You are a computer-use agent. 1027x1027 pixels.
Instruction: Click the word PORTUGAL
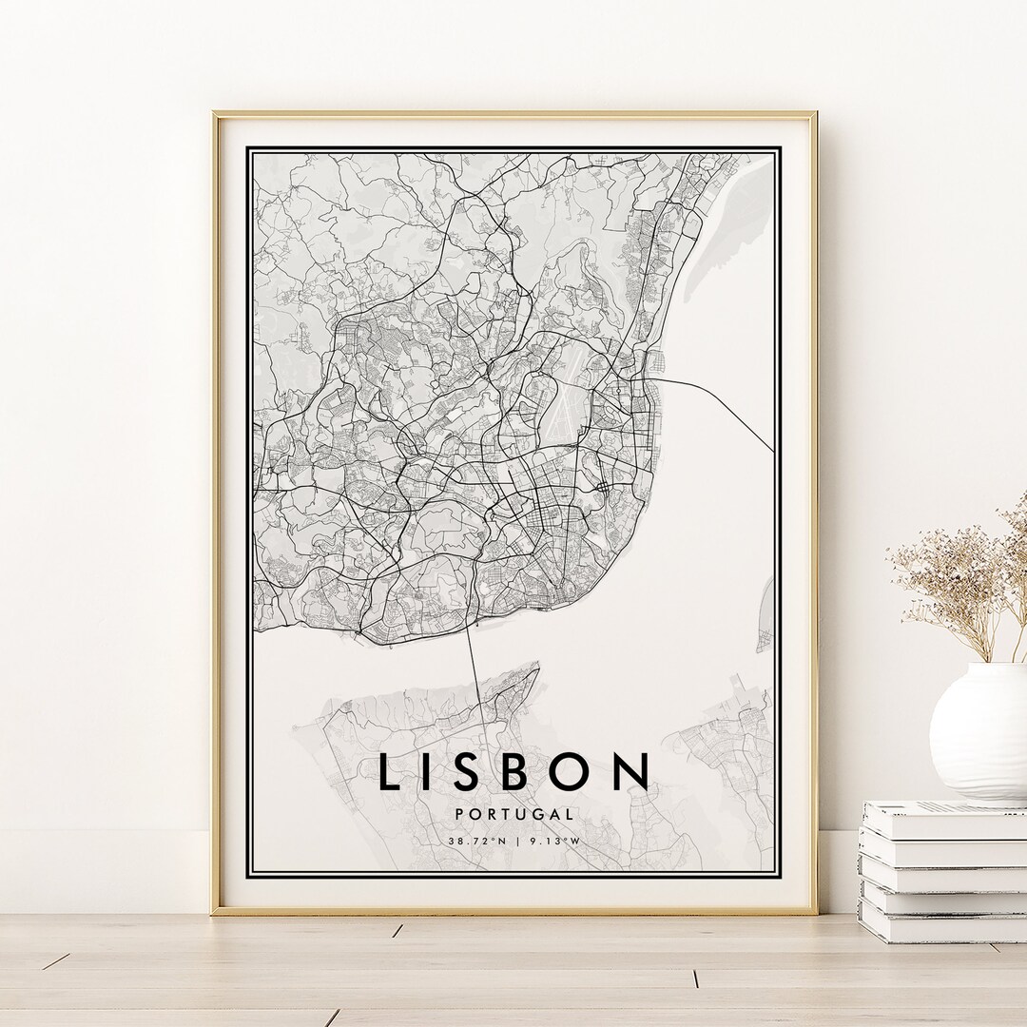point(513,814)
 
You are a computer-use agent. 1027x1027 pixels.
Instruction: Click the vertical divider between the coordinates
point(514,841)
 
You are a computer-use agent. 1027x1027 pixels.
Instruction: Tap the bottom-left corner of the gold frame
point(215,911)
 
